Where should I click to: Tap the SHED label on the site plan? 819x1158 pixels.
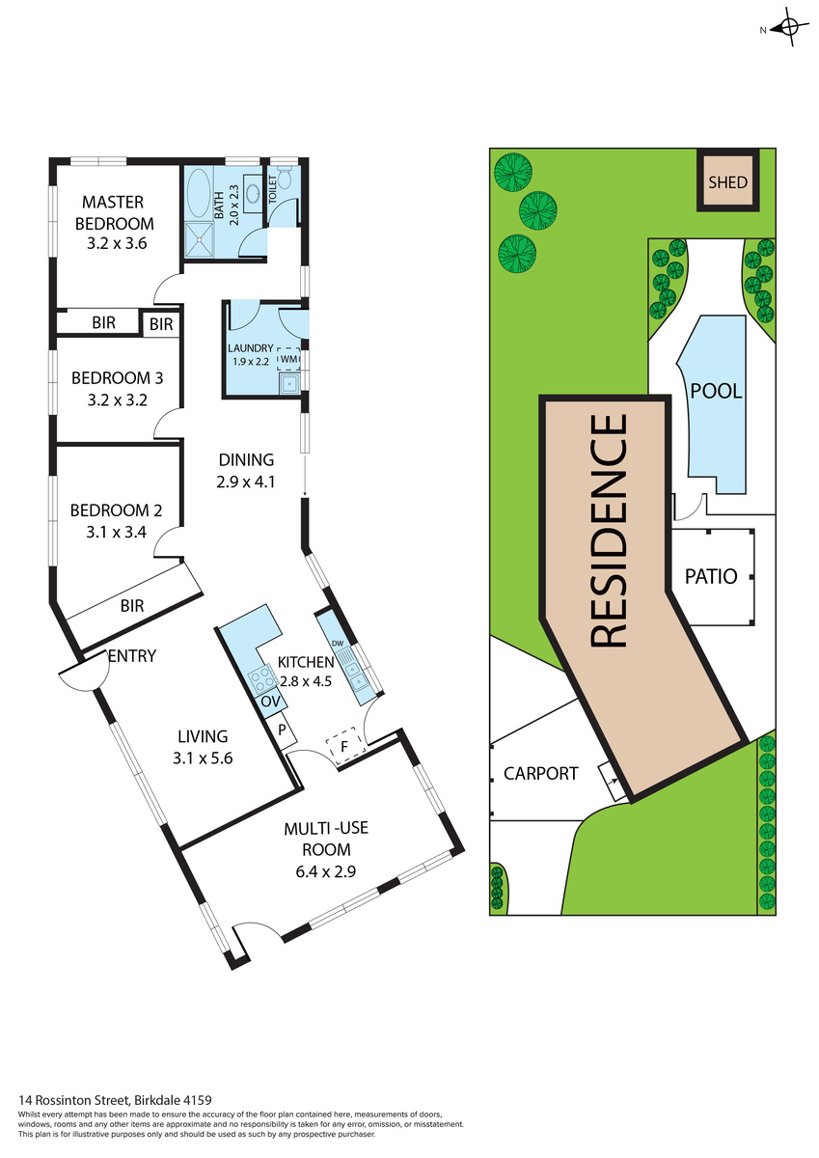[x=727, y=182]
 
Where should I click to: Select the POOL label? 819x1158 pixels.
[x=716, y=391]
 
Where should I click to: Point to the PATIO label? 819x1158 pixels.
[x=711, y=576]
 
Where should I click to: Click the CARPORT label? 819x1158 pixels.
[x=540, y=773]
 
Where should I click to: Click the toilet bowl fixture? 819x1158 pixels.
[x=285, y=178]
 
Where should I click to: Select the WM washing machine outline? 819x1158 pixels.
[x=288, y=358]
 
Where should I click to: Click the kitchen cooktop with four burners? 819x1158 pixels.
[x=262, y=678]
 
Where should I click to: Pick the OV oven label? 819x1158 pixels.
[x=271, y=702]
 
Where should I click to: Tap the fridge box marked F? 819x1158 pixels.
[x=345, y=747]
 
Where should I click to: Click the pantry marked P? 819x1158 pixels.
[x=282, y=730]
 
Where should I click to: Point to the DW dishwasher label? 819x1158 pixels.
[x=338, y=643]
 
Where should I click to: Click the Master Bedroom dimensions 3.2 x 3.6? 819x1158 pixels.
[x=117, y=243]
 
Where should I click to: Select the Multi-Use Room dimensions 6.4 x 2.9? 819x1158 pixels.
[x=325, y=871]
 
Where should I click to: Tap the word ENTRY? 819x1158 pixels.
[x=132, y=656]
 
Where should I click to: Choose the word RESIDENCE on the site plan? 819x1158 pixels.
[x=609, y=531]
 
